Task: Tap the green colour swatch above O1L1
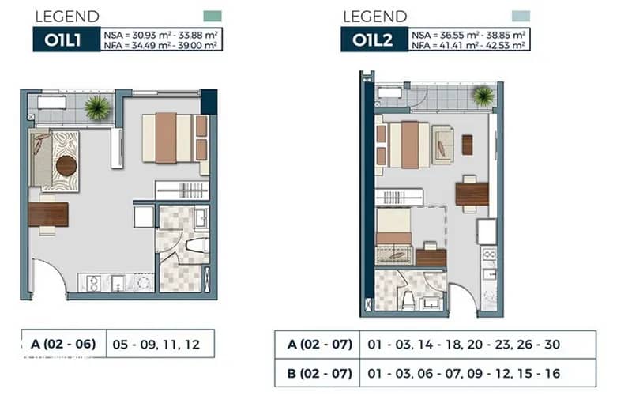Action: click(x=213, y=16)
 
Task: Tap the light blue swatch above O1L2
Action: click(x=521, y=16)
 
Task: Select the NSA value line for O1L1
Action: click(x=161, y=35)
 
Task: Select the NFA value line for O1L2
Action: click(x=468, y=45)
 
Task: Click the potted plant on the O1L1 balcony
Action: click(x=97, y=107)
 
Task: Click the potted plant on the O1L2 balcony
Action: click(x=483, y=96)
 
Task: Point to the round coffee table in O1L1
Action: click(x=66, y=166)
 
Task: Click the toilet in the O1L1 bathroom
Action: click(x=197, y=245)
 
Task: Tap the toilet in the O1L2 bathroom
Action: click(x=408, y=300)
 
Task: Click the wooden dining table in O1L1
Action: click(x=48, y=215)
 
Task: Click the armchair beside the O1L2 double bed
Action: click(x=442, y=145)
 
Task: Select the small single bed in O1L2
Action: click(x=393, y=227)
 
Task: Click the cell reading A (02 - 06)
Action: click(x=63, y=344)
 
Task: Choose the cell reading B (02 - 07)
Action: click(x=320, y=373)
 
